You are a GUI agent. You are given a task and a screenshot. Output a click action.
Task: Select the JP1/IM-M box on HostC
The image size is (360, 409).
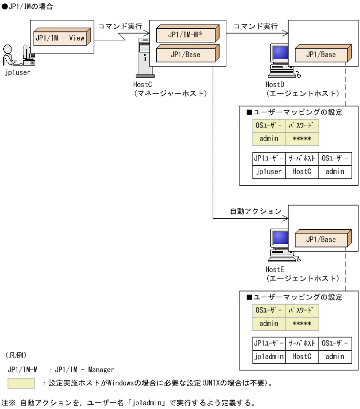click(185, 35)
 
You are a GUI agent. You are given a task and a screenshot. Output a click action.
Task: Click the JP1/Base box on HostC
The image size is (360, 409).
click(185, 54)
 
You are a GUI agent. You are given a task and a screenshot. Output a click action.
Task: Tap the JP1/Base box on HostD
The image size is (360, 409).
click(321, 55)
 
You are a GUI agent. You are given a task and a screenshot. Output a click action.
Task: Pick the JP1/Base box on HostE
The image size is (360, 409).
click(321, 240)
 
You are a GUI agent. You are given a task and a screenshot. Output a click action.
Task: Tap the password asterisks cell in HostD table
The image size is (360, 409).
click(302, 138)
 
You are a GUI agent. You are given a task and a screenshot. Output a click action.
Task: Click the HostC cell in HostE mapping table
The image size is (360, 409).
click(302, 356)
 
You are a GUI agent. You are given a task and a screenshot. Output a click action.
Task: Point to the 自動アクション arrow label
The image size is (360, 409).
click(255, 211)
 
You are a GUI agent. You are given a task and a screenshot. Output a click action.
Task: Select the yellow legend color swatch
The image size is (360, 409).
click(21, 383)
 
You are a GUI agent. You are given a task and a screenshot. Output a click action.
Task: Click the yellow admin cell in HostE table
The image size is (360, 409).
click(268, 324)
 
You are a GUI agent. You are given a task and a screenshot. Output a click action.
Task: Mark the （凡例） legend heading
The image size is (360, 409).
click(16, 355)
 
